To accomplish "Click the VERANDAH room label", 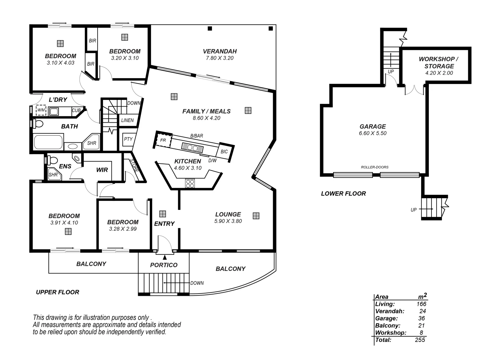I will pyautogui.click(x=220, y=51).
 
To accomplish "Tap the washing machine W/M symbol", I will pyautogui.click(x=41, y=110).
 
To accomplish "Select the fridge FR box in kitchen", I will pyautogui.click(x=163, y=140).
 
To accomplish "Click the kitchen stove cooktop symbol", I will pyautogui.click(x=190, y=184).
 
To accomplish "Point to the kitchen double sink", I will pyautogui.click(x=192, y=147).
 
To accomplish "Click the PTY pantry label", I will pyautogui.click(x=128, y=139).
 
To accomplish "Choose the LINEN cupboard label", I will pyautogui.click(x=127, y=120).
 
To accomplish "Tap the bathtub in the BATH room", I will pyautogui.click(x=48, y=142).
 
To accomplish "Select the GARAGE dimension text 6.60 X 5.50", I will pyautogui.click(x=373, y=133).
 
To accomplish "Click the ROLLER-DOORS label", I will pyautogui.click(x=375, y=167).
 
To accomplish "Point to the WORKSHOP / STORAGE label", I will pyautogui.click(x=439, y=63).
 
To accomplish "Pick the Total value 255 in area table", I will pyautogui.click(x=419, y=340).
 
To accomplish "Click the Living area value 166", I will pyautogui.click(x=421, y=304).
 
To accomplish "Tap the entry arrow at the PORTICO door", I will pyautogui.click(x=164, y=257).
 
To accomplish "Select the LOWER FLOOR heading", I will pyautogui.click(x=343, y=194).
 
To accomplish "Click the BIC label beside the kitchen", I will pyautogui.click(x=224, y=151).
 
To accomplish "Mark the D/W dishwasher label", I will pyautogui.click(x=212, y=160).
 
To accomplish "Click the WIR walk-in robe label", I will pyautogui.click(x=102, y=170).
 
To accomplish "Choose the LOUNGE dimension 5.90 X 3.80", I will pyautogui.click(x=228, y=221).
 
